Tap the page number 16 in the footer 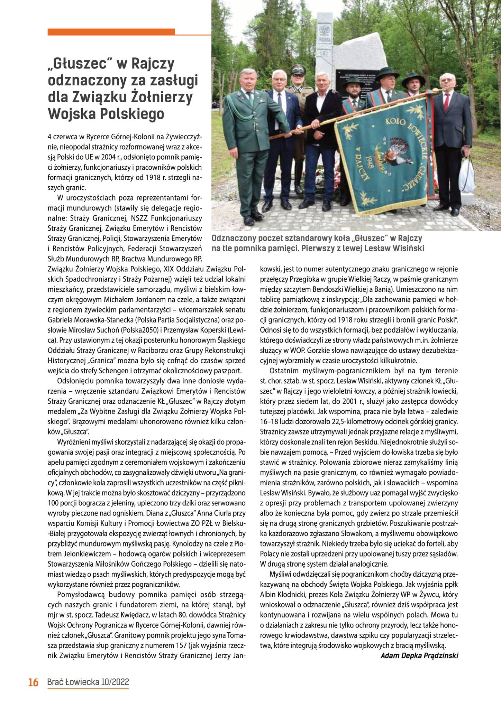pyautogui.click(x=33, y=682)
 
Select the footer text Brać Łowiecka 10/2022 pyautogui.click(x=88, y=682)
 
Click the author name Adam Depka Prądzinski pyautogui.click(x=419, y=655)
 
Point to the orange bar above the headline pyautogui.click(x=111, y=32)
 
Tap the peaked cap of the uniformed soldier pyautogui.click(x=297, y=69)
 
